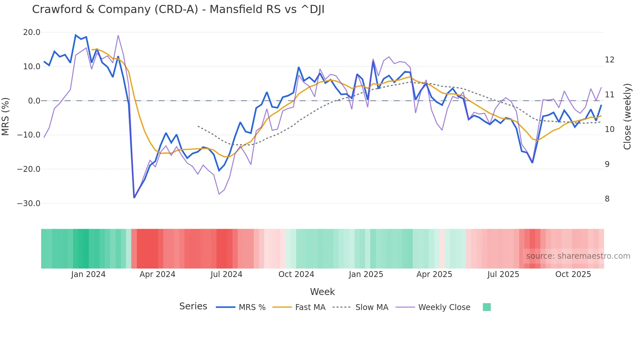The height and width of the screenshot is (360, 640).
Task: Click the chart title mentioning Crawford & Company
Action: tap(178, 9)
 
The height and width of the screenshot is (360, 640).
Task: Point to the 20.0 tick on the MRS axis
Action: tap(32, 32)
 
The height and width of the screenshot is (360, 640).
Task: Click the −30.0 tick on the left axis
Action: tap(29, 203)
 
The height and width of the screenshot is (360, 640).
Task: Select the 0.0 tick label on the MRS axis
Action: tap(34, 101)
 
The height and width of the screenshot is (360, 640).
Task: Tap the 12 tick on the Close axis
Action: tap(609, 60)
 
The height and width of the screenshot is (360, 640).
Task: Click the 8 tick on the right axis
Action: tap(607, 199)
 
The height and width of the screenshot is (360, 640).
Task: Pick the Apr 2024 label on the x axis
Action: tap(157, 274)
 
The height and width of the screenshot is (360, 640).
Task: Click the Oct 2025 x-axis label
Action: tap(573, 274)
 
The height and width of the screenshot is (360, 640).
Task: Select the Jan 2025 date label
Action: tap(366, 274)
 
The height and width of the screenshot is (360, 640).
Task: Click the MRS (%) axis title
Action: tap(6, 117)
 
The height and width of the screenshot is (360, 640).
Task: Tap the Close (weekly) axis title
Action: tap(627, 117)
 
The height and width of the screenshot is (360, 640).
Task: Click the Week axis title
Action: tap(322, 292)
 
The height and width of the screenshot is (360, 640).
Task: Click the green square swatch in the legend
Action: tap(487, 307)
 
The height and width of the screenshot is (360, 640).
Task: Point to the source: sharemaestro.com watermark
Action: tap(578, 256)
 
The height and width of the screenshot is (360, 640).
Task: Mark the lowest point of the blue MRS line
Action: tap(134, 198)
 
